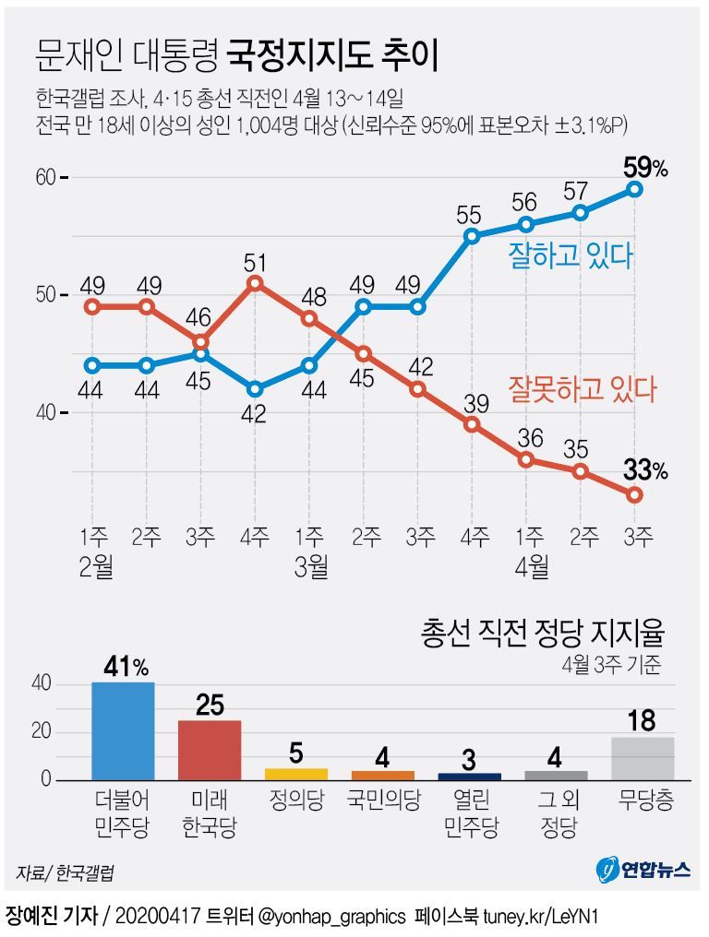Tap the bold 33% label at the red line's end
pyautogui.click(x=644, y=471)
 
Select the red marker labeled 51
pyautogui.click(x=256, y=283)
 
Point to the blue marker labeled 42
pyautogui.click(x=256, y=389)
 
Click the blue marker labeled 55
pyautogui.click(x=472, y=236)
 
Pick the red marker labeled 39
pyautogui.click(x=472, y=424)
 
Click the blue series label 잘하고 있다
pyautogui.click(x=570, y=255)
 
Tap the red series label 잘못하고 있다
pyautogui.click(x=582, y=388)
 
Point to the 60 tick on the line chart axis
pyautogui.click(x=46, y=177)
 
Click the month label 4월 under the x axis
pyautogui.click(x=528, y=565)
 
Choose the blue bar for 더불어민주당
pyautogui.click(x=123, y=731)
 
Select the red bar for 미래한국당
pyautogui.click(x=210, y=751)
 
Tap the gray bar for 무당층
pyautogui.click(x=643, y=759)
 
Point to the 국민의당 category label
pyautogui.click(x=383, y=800)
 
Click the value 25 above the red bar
pyautogui.click(x=210, y=706)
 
